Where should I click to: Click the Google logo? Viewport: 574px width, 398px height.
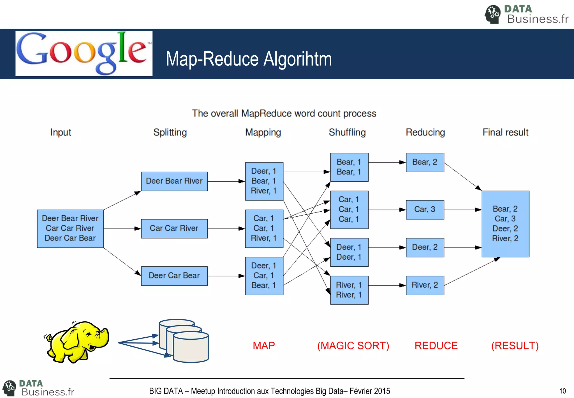[x=84, y=53]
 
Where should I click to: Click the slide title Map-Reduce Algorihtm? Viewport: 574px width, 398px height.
[x=249, y=59]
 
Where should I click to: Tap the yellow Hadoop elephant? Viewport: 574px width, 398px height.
[x=77, y=342]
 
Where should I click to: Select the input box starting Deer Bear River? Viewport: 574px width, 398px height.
[x=70, y=228]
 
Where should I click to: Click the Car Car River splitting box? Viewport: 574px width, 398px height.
[x=174, y=228]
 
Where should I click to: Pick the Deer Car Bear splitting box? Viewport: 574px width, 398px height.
[x=174, y=276]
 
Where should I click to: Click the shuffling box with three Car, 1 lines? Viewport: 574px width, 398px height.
[x=349, y=210]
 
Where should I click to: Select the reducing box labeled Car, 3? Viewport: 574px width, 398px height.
[x=425, y=210]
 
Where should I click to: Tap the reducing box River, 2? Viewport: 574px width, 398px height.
[x=425, y=285]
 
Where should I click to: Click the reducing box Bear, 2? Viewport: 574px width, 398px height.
[x=425, y=162]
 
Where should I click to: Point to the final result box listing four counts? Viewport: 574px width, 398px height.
[x=505, y=224]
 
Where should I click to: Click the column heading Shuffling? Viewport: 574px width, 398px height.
[x=347, y=132]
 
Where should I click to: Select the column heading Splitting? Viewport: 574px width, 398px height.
[x=170, y=132]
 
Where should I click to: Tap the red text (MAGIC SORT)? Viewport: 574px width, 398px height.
[x=353, y=346]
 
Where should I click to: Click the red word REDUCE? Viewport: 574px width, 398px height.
[x=436, y=346]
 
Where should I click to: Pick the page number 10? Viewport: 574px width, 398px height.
[x=562, y=391]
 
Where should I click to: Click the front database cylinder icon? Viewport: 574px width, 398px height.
[x=191, y=348]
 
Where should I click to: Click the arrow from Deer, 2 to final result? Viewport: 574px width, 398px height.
[x=462, y=248]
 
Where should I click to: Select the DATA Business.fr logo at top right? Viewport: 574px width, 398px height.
[x=526, y=14]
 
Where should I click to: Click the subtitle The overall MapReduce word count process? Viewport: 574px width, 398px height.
[x=284, y=113]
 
